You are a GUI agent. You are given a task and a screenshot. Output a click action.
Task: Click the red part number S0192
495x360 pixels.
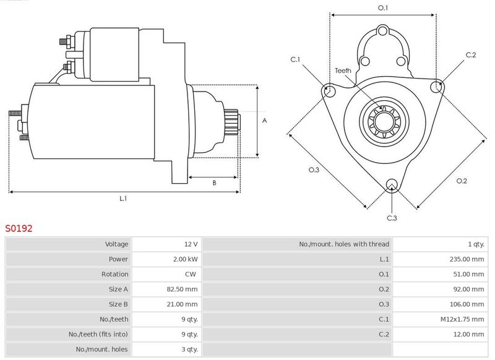(x=19, y=228)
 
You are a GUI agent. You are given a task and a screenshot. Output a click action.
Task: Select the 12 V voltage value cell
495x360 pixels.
(x=191, y=244)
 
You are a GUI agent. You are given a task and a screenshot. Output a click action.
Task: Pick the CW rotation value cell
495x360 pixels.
(x=192, y=274)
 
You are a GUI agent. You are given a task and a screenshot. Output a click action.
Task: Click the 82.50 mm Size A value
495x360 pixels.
(x=183, y=289)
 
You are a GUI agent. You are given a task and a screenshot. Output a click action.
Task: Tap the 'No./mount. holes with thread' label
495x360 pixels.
(x=344, y=244)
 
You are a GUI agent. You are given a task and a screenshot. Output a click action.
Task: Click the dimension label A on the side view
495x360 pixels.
(x=264, y=121)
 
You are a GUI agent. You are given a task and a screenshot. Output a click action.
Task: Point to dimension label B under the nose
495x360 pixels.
(x=214, y=182)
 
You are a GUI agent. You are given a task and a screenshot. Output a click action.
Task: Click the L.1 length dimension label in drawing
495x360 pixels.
(x=123, y=198)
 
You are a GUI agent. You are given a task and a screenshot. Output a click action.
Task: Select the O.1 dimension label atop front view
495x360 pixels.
(x=383, y=8)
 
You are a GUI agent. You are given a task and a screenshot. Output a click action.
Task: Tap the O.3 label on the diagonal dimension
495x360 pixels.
(x=314, y=170)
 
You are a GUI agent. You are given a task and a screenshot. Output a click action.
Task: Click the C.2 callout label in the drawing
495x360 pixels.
(x=471, y=55)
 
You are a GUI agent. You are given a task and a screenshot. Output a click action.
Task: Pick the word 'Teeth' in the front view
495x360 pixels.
(x=343, y=71)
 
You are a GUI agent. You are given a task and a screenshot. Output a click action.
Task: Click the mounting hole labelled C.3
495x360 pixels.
(x=391, y=184)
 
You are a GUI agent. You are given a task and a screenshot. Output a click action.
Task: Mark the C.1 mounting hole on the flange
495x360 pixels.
(x=329, y=91)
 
